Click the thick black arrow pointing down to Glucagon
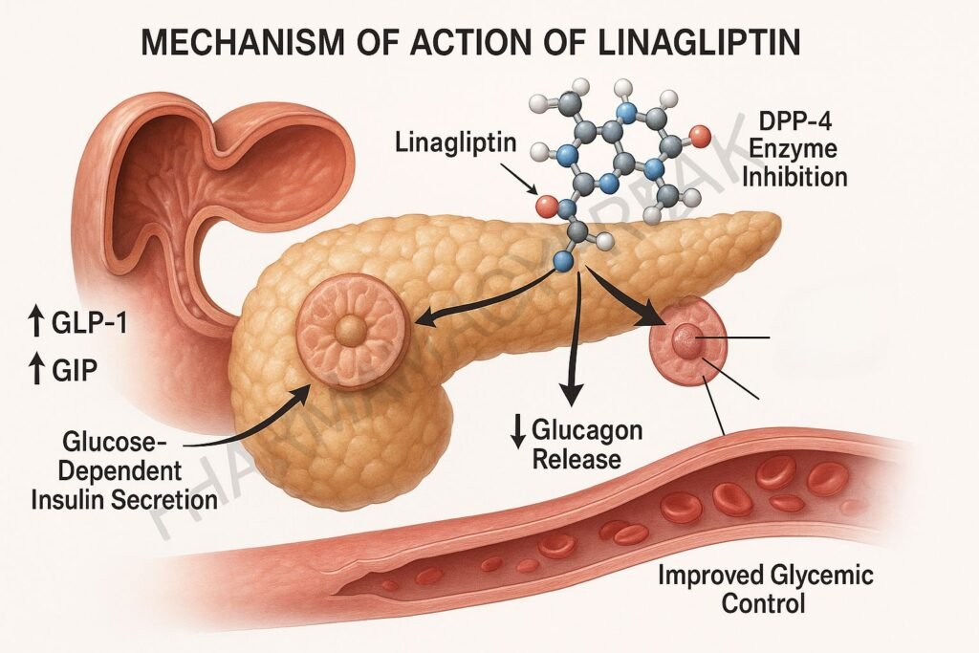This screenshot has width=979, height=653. pyautogui.click(x=572, y=354)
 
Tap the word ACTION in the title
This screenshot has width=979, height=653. pyautogui.click(x=483, y=44)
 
